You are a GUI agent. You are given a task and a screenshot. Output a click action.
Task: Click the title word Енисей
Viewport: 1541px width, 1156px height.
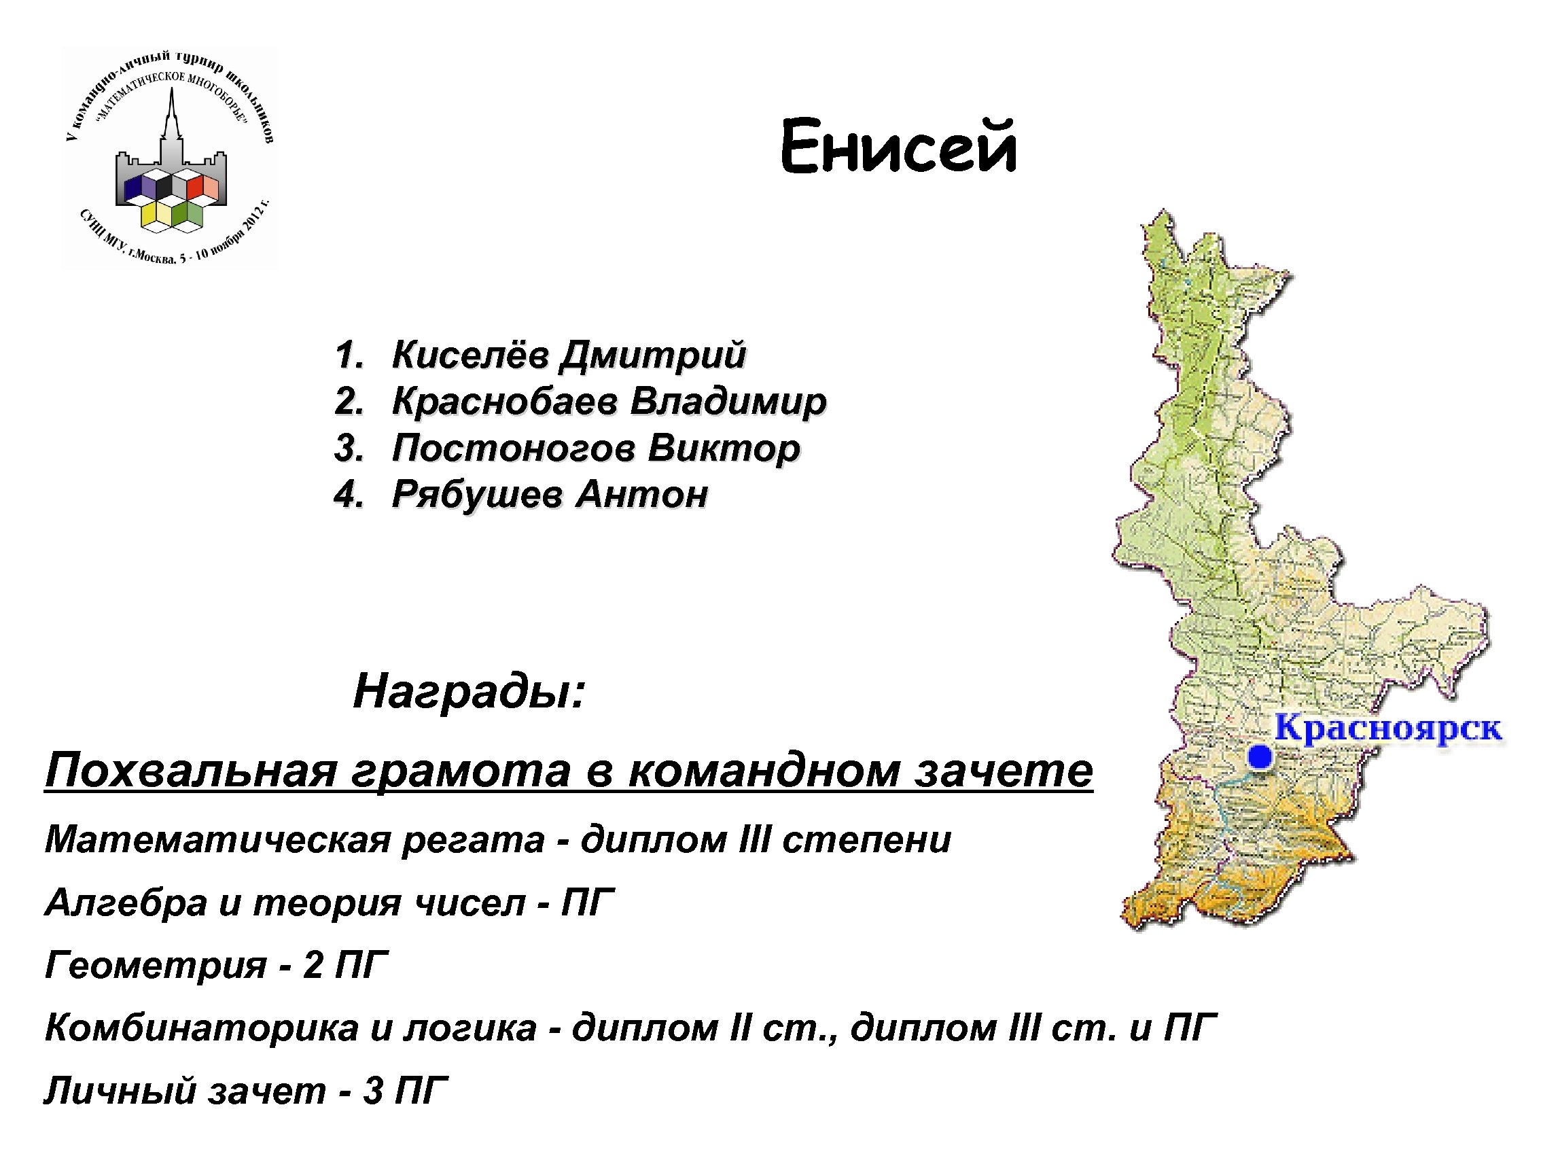click(x=898, y=147)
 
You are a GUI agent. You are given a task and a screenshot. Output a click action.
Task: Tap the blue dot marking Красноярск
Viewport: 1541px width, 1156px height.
click(x=1260, y=756)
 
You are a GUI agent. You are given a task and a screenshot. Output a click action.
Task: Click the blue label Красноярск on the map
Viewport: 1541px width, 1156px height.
click(x=1387, y=729)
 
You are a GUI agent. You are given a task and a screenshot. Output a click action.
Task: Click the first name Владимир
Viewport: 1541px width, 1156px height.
click(x=728, y=402)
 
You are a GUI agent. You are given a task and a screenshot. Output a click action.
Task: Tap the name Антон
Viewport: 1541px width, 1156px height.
click(x=641, y=495)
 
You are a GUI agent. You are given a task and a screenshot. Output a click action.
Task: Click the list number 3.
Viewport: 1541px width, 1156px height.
click(x=348, y=448)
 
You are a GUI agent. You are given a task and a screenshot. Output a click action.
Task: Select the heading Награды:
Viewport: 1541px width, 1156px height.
click(x=470, y=692)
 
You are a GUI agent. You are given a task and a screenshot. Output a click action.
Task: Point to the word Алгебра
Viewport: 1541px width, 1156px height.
click(x=126, y=903)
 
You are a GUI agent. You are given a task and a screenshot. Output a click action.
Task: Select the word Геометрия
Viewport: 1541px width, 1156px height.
click(x=156, y=965)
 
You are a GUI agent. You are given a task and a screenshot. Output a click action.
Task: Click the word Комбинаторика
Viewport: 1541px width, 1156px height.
click(x=201, y=1028)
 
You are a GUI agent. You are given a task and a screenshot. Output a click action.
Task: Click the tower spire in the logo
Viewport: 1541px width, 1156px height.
click(x=171, y=111)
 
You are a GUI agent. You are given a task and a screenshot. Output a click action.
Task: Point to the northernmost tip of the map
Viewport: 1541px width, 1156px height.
click(x=1163, y=212)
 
